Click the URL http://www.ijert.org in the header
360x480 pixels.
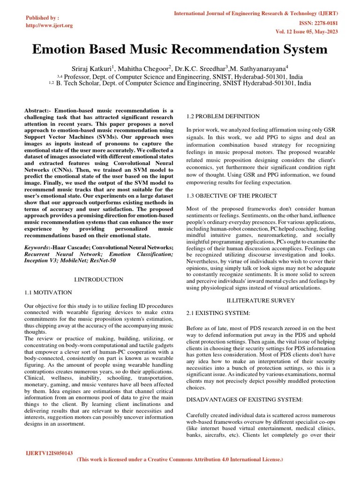coord(49,25)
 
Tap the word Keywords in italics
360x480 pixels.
coord(37,247)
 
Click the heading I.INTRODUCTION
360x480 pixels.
coord(98,279)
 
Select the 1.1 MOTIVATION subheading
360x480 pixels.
coord(48,292)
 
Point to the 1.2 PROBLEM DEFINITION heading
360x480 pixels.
coord(223,116)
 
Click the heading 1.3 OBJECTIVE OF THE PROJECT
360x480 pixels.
coord(232,195)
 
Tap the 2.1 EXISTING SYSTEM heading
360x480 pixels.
coord(218,312)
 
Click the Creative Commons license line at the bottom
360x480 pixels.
coord(180,460)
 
